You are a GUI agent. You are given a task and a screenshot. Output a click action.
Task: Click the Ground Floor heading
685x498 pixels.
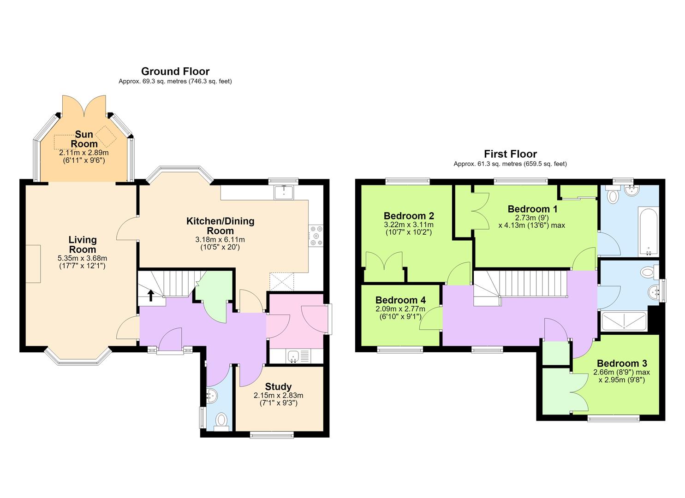(x=175, y=71)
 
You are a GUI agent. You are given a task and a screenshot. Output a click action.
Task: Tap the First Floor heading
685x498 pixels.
(x=510, y=154)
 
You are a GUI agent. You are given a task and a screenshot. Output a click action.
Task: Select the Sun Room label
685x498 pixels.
(x=84, y=139)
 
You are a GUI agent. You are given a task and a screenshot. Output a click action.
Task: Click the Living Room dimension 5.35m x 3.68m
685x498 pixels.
(x=82, y=258)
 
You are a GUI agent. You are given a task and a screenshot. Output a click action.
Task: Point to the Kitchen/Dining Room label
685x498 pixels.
(x=220, y=225)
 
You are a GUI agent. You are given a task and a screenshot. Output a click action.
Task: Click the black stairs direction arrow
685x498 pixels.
(x=151, y=296)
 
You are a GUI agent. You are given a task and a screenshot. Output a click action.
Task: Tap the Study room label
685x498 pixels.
(x=278, y=386)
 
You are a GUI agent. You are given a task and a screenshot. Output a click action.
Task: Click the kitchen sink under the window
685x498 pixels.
(x=284, y=192)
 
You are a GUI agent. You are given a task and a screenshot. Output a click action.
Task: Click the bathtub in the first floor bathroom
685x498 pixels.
(x=648, y=231)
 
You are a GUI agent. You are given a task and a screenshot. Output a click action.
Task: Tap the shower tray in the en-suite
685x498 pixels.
(x=624, y=320)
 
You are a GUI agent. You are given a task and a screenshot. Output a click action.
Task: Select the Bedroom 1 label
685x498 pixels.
(x=532, y=209)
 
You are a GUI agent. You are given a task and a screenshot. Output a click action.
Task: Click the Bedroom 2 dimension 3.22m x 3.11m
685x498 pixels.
(x=409, y=225)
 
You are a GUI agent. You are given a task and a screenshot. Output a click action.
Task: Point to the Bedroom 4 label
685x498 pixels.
(x=400, y=300)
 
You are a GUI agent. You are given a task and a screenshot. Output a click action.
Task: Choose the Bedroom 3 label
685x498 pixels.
(x=622, y=363)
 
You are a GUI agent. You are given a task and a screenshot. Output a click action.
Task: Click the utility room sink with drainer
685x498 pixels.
(x=298, y=356)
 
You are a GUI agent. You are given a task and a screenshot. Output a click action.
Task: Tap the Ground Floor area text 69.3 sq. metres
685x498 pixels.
(x=165, y=81)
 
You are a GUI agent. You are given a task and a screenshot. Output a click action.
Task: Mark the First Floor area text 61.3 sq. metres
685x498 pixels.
(x=500, y=164)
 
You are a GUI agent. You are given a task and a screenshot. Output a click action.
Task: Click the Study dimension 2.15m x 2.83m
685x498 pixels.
(x=278, y=395)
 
